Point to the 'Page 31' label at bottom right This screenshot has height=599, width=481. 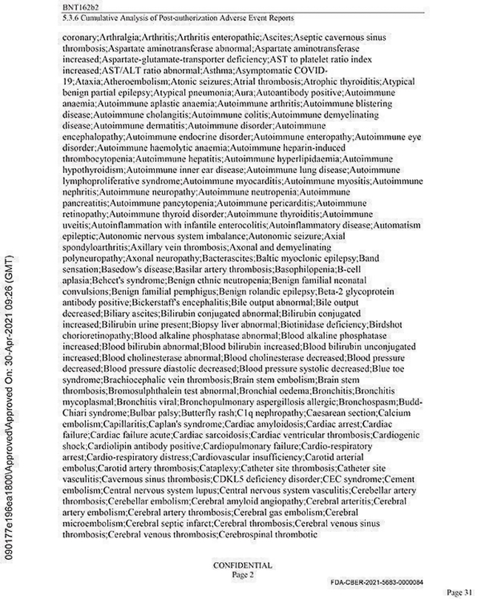[460, 592]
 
